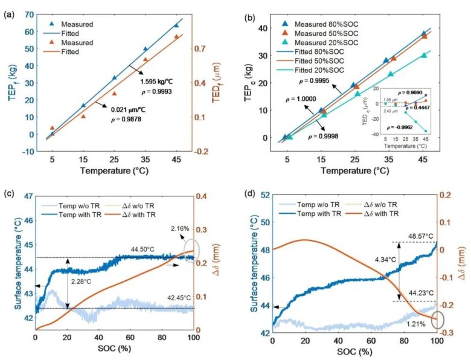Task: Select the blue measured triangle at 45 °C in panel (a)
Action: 176,25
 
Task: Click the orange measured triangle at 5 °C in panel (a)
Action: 52,128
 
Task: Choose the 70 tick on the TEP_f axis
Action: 28,14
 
